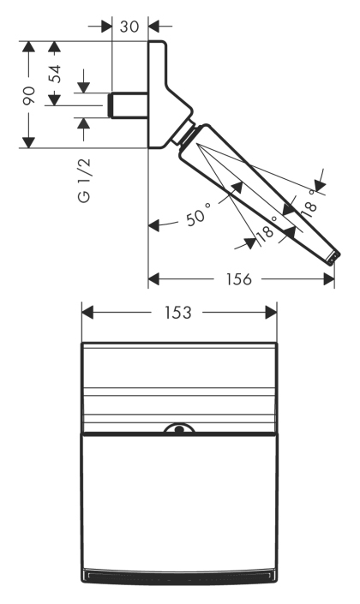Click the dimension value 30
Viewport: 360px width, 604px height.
point(129,27)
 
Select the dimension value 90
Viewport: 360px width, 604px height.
point(28,95)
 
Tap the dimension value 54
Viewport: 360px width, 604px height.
point(54,73)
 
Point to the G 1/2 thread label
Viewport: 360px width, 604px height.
point(84,180)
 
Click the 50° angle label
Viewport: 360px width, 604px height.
point(199,214)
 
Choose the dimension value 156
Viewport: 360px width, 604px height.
point(238,279)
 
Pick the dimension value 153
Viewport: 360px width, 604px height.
point(177,313)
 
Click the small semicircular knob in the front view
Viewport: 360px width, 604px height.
point(179,428)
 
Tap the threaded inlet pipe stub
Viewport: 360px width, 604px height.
point(129,105)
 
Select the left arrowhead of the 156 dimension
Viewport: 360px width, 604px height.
point(153,279)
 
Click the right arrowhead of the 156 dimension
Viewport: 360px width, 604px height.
point(329,279)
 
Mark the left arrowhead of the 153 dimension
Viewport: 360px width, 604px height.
point(87,313)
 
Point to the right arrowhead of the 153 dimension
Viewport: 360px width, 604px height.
point(271,313)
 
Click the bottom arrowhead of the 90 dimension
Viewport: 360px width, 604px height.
point(28,142)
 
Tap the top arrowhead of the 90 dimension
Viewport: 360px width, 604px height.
point(28,46)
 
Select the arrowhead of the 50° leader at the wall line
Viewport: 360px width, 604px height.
point(153,225)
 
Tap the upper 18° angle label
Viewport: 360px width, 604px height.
point(309,204)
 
